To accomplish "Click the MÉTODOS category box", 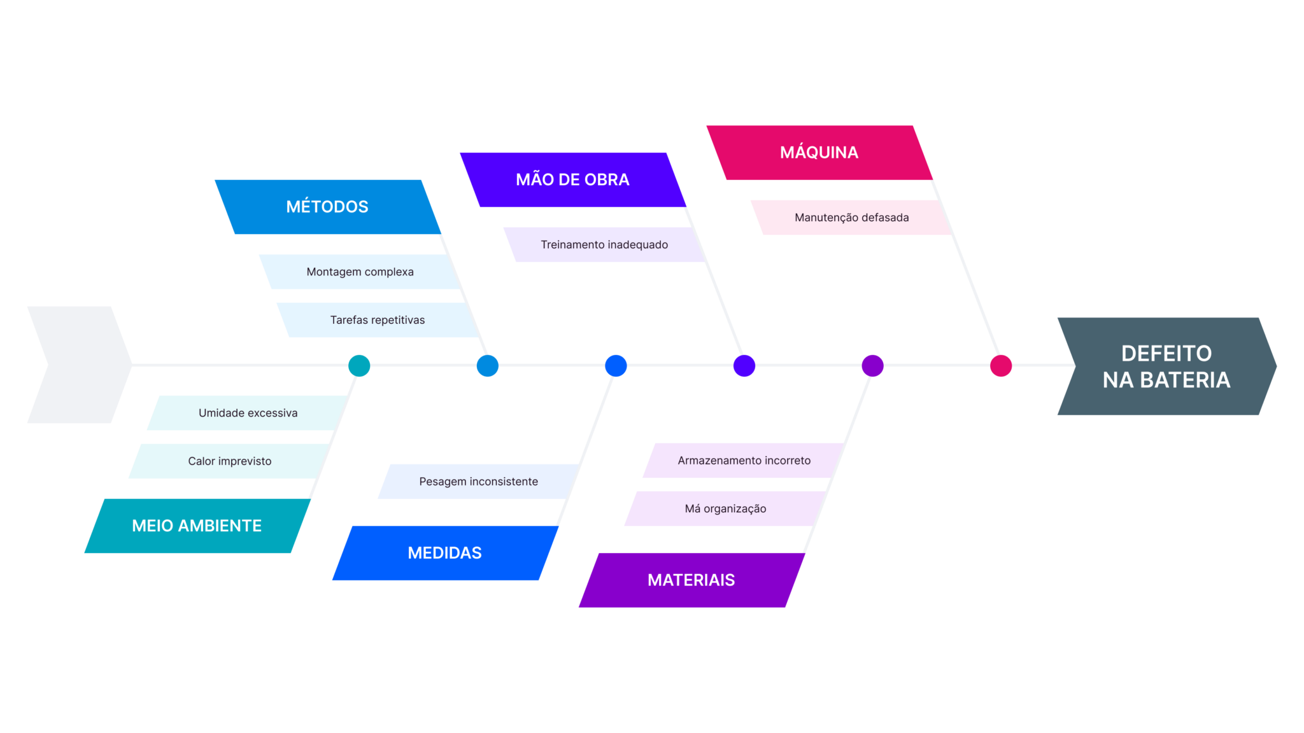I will [x=327, y=207].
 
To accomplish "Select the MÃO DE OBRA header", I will [x=572, y=179].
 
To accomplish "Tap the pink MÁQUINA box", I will [x=819, y=153].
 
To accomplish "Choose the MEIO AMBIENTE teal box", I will [x=197, y=526].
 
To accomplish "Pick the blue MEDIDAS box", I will [x=444, y=553].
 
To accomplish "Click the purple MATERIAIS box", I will [x=691, y=580].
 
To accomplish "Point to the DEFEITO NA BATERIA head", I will [x=1166, y=366].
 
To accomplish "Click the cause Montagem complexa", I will [x=360, y=272].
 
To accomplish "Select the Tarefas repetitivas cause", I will [x=377, y=320].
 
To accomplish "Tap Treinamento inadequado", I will [x=604, y=245].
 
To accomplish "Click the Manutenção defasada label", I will [x=851, y=218].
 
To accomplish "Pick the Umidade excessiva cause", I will [x=248, y=413].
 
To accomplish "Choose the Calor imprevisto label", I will [x=229, y=461].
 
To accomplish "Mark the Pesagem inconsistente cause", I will [x=478, y=482].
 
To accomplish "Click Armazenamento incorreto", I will [x=744, y=461].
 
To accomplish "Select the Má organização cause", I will [x=725, y=509].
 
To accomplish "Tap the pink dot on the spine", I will [x=1001, y=366].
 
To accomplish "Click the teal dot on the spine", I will [x=359, y=366].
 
